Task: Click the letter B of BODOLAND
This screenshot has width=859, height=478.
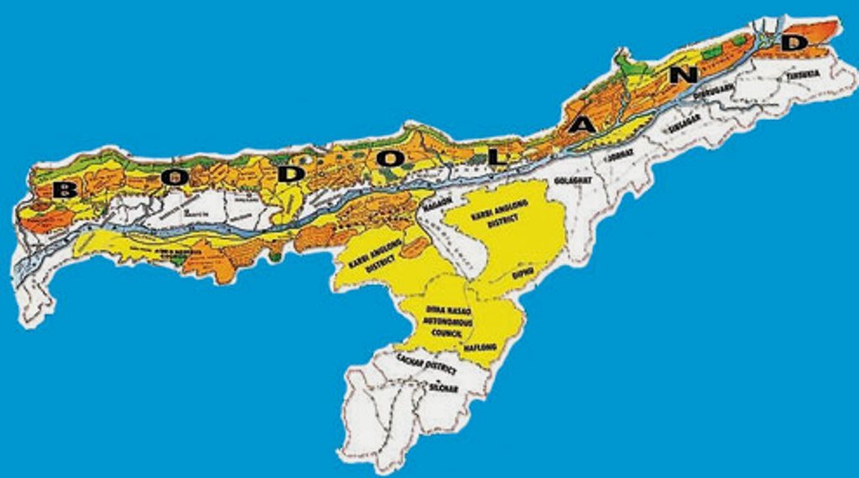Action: (x=64, y=190)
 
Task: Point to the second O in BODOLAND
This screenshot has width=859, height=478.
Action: (x=385, y=158)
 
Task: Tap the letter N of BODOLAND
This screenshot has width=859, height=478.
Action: (x=686, y=74)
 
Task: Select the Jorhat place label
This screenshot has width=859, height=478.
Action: (x=622, y=154)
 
